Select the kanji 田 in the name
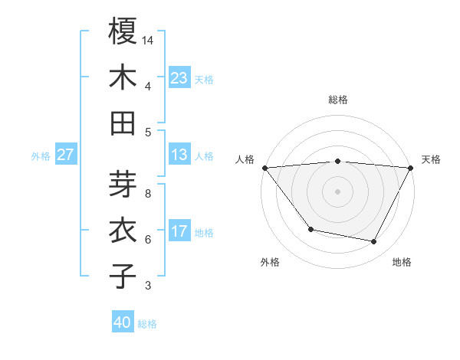(x=123, y=123)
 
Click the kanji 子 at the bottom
(x=123, y=276)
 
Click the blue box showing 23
(x=179, y=77)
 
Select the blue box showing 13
(x=179, y=154)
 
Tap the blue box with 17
(x=179, y=231)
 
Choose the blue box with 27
(x=66, y=154)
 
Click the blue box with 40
(x=123, y=322)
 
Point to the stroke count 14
(x=148, y=39)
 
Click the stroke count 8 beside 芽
(x=148, y=194)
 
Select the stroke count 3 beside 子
(x=148, y=286)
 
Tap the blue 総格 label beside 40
(x=148, y=324)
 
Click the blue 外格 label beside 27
(x=41, y=155)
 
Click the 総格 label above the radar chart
(x=337, y=100)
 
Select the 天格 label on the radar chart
(x=431, y=159)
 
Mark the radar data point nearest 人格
(x=265, y=167)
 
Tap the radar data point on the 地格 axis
(x=374, y=242)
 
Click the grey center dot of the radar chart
(x=337, y=191)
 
